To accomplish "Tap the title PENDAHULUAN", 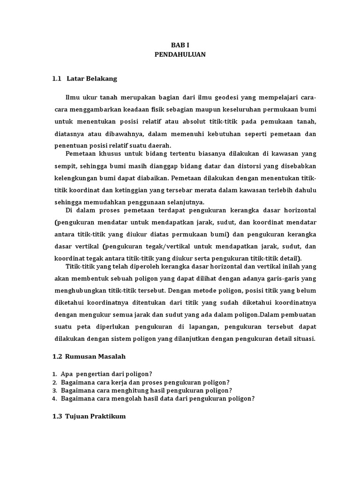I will (180, 55).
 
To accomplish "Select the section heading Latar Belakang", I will (92, 79).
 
